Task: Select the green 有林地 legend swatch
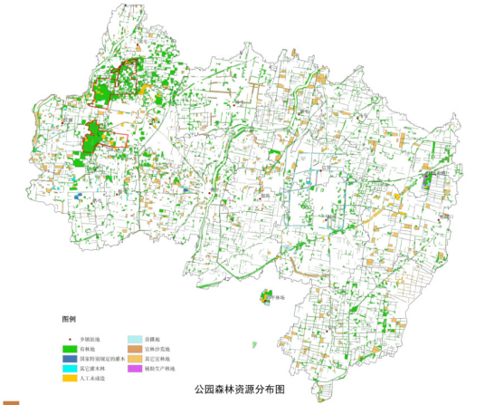click(x=70, y=348)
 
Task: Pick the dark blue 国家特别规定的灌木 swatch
click(x=70, y=359)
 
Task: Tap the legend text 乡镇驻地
click(x=93, y=337)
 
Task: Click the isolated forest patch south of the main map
click(x=265, y=297)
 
